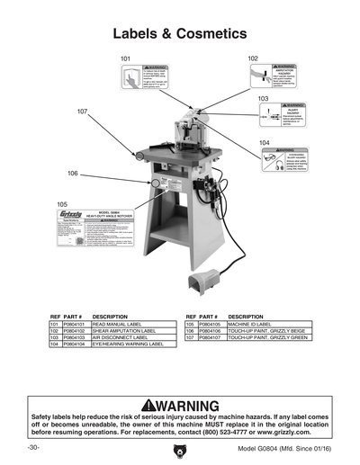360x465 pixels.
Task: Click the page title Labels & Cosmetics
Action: (x=179, y=34)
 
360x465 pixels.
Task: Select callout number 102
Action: (x=253, y=57)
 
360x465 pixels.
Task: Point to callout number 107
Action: (x=82, y=112)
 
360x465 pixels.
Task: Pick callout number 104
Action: (x=264, y=143)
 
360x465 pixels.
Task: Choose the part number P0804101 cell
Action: (x=76, y=324)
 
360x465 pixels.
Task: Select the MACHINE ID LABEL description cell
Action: (x=252, y=324)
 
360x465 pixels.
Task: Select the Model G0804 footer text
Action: (x=283, y=447)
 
